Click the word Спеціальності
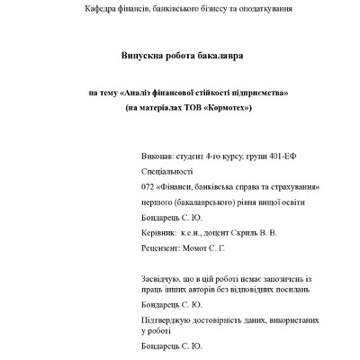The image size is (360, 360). coord(167,171)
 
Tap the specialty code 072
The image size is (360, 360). coord(148,186)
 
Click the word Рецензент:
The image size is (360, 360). coord(163,247)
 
